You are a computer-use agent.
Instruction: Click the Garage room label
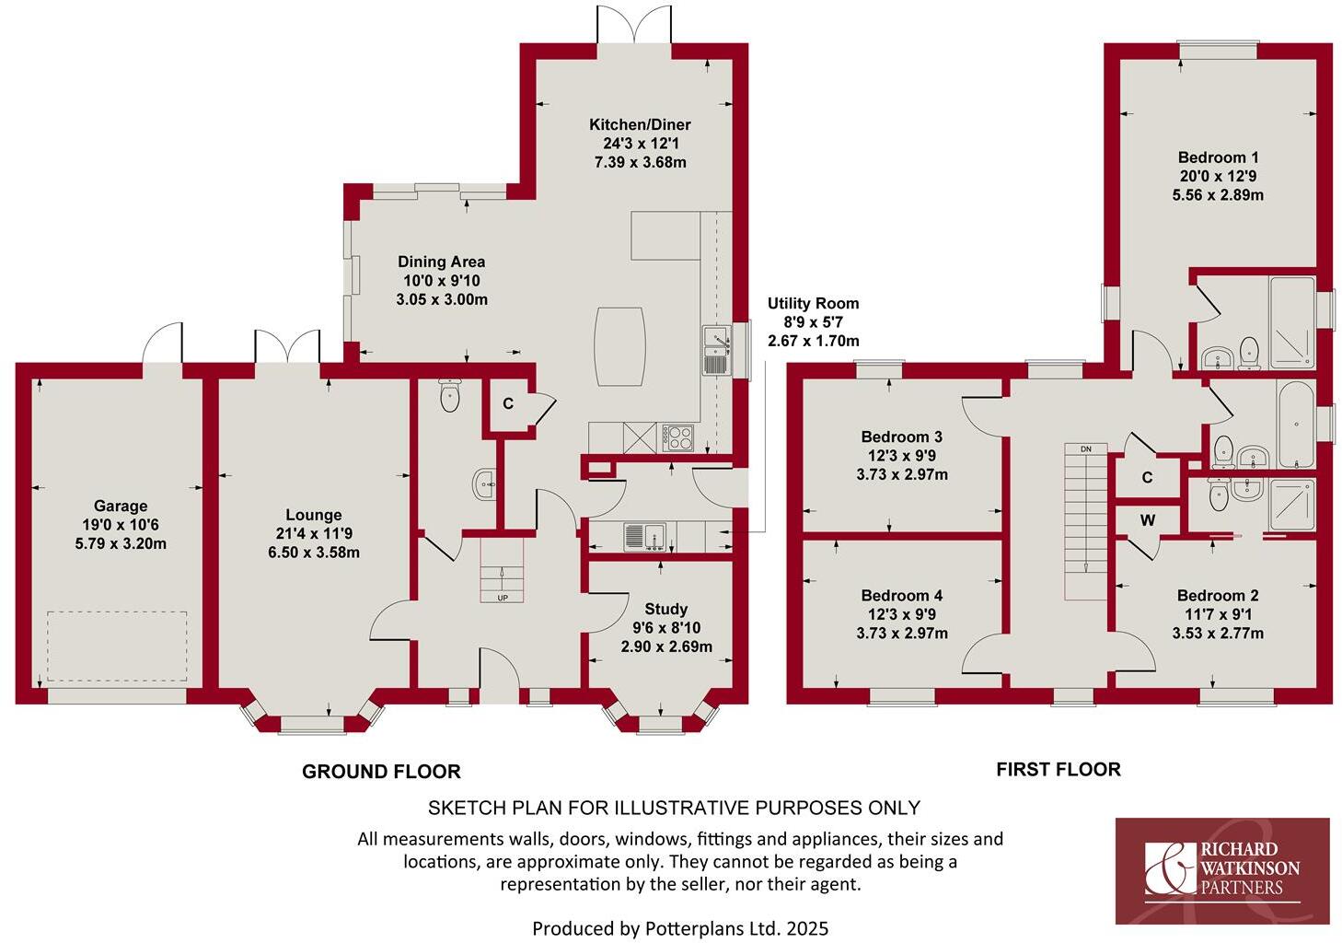pos(121,506)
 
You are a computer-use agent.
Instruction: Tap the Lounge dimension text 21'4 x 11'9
pos(313,534)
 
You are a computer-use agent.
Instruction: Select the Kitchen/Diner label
pos(640,124)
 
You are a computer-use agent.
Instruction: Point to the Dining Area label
pos(441,262)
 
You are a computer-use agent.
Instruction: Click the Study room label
pos(665,609)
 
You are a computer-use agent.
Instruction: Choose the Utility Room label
pos(813,303)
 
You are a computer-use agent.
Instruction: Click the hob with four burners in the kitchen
pos(679,437)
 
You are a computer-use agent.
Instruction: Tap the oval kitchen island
pos(619,346)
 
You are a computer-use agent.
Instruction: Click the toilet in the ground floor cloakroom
pos(450,396)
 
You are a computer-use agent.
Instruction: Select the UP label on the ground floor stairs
pos(503,598)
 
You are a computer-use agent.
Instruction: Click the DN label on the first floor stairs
pos(1086,448)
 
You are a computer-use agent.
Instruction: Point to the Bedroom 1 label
pos(1218,157)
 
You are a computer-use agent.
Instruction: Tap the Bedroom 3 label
pos(901,437)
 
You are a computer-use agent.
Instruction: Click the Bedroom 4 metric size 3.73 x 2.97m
pos(901,634)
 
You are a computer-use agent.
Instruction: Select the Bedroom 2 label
pos(1217,596)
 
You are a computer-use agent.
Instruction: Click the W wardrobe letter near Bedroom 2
pos(1147,521)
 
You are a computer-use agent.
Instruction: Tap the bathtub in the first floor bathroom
pos(1296,424)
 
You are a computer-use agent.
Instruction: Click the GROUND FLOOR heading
pos(381,772)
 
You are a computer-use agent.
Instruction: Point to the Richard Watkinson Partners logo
pos(1222,870)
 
